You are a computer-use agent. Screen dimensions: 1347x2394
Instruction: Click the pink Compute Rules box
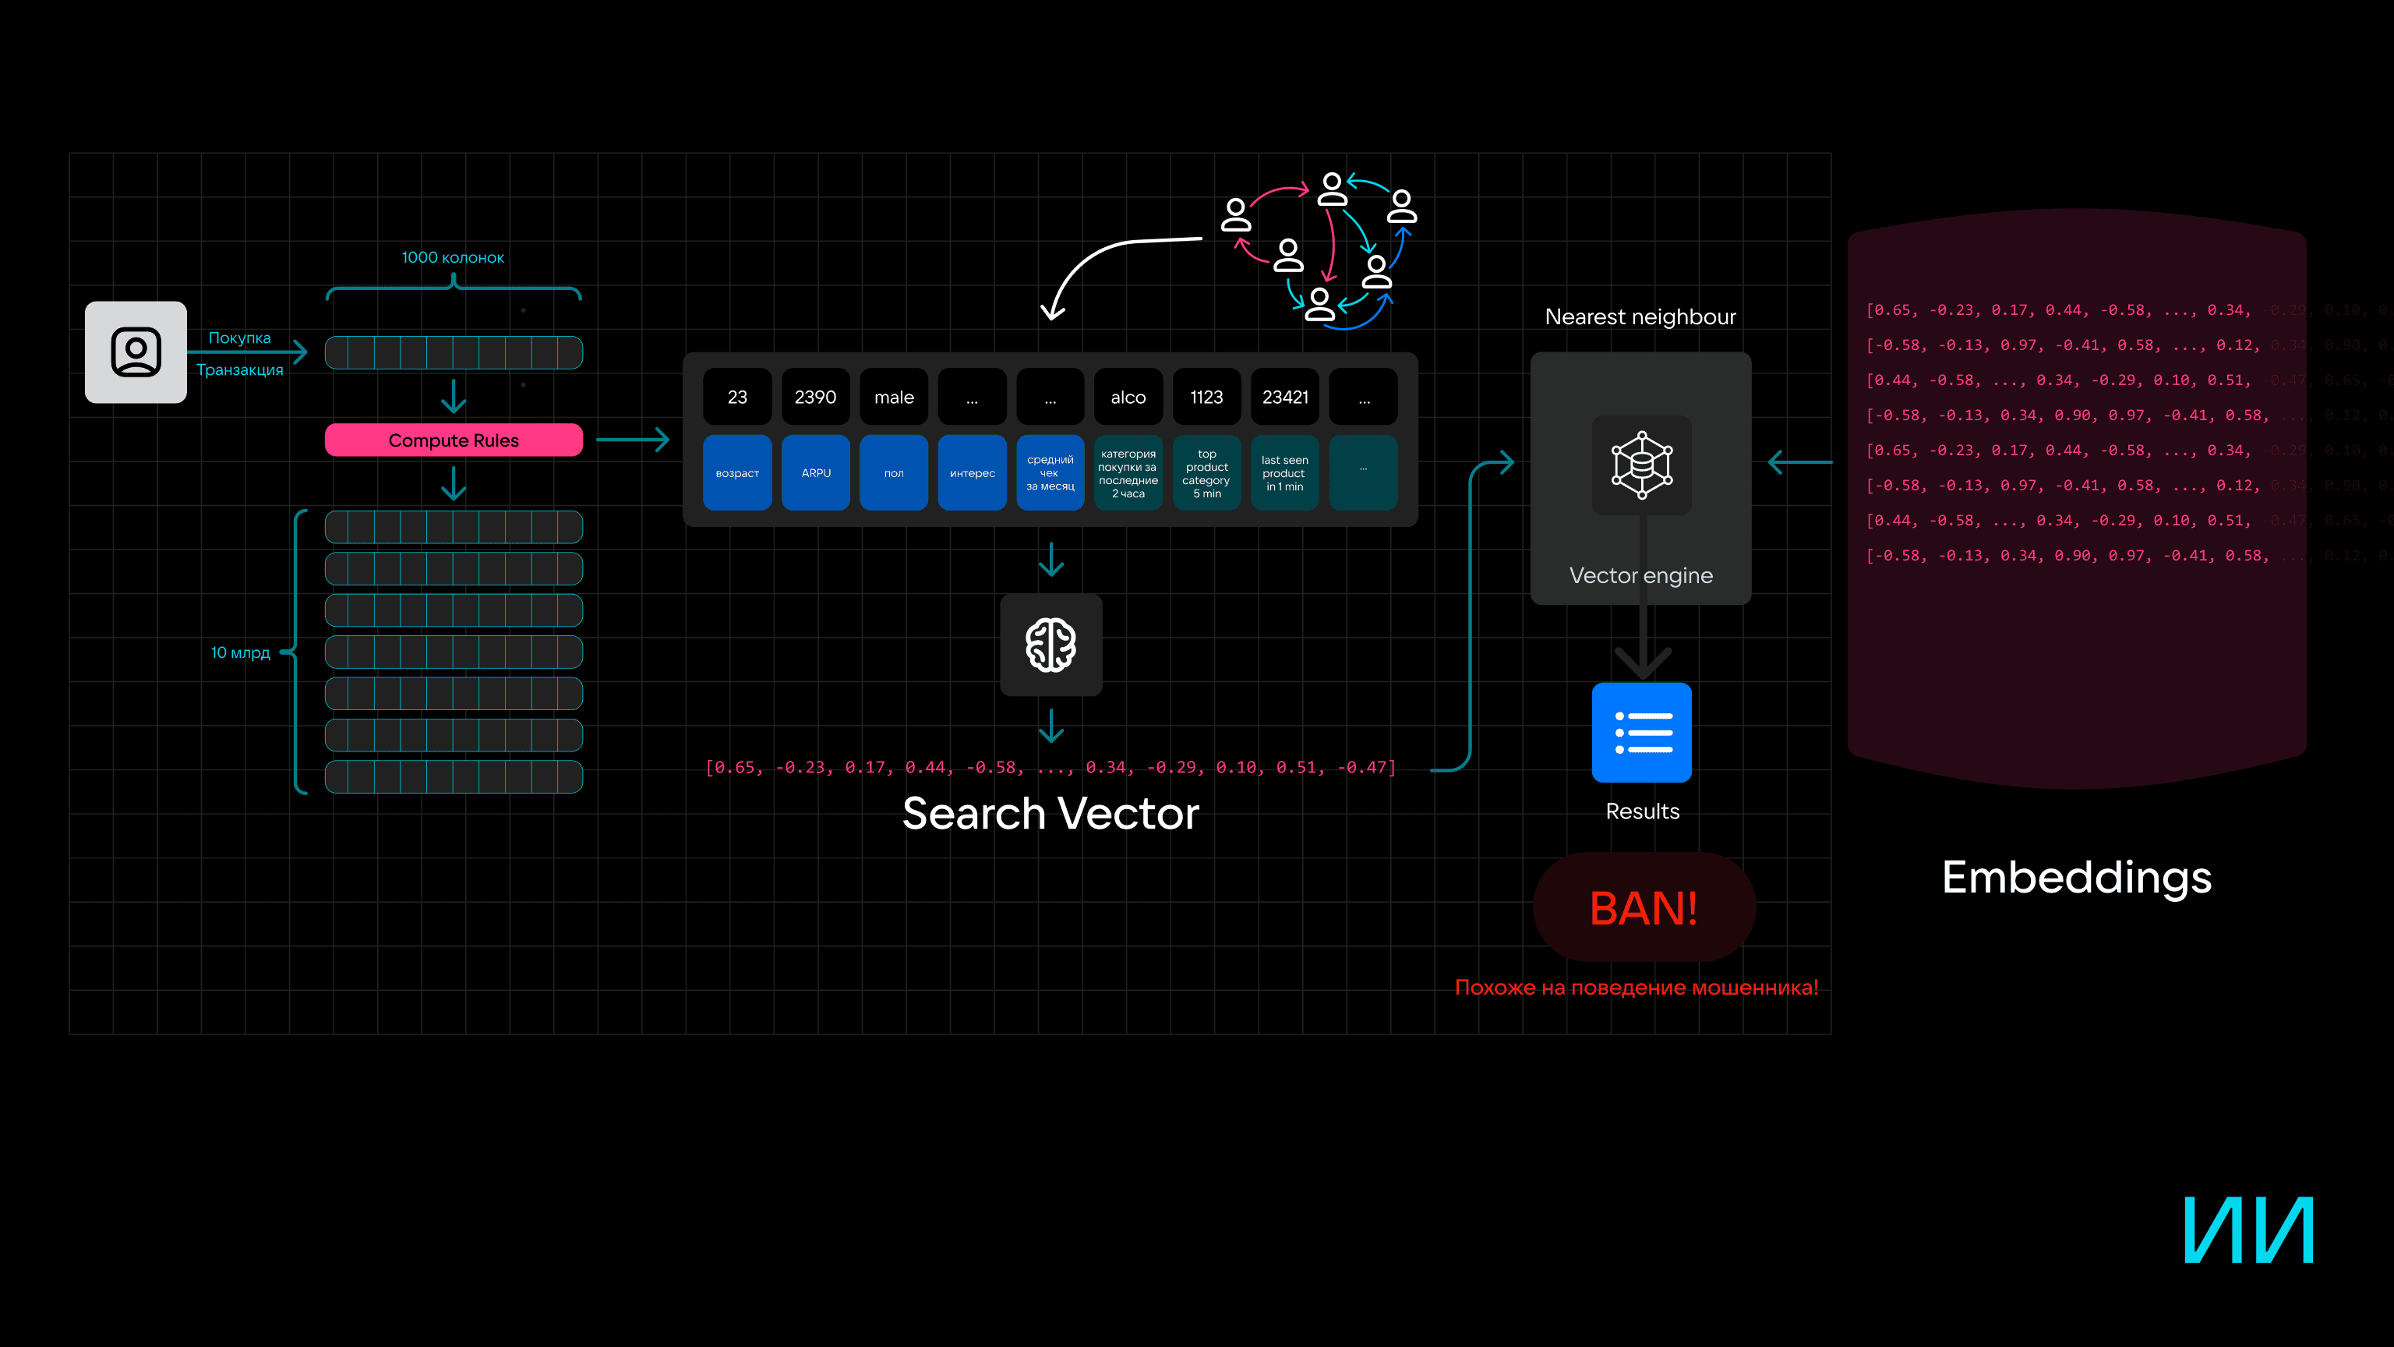click(454, 440)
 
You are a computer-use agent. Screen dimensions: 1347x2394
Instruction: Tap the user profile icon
click(136, 352)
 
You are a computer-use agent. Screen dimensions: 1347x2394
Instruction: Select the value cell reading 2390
click(815, 397)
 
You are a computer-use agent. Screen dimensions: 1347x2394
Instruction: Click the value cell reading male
click(894, 397)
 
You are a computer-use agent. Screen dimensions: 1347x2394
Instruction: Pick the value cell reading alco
click(1128, 397)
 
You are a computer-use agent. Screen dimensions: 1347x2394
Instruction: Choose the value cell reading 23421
click(1285, 397)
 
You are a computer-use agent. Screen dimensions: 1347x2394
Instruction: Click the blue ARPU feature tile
click(815, 473)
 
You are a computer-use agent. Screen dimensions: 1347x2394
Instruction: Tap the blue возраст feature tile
click(737, 473)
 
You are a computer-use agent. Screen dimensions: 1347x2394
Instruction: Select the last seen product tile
click(1285, 473)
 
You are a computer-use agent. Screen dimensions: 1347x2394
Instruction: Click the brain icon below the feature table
click(1051, 645)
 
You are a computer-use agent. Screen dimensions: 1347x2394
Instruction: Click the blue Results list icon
click(1642, 733)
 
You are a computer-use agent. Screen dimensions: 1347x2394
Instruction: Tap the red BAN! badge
click(1643, 908)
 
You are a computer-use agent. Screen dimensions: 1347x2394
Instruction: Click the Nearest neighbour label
click(1640, 317)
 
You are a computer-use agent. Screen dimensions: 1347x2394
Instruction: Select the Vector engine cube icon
click(1642, 465)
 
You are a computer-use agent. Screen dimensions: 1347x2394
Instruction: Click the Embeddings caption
click(2076, 878)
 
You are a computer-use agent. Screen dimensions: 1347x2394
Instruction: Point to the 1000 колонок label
click(453, 257)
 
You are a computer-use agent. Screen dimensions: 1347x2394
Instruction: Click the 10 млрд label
click(240, 652)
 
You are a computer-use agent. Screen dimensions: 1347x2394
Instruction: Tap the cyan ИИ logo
click(2248, 1230)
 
